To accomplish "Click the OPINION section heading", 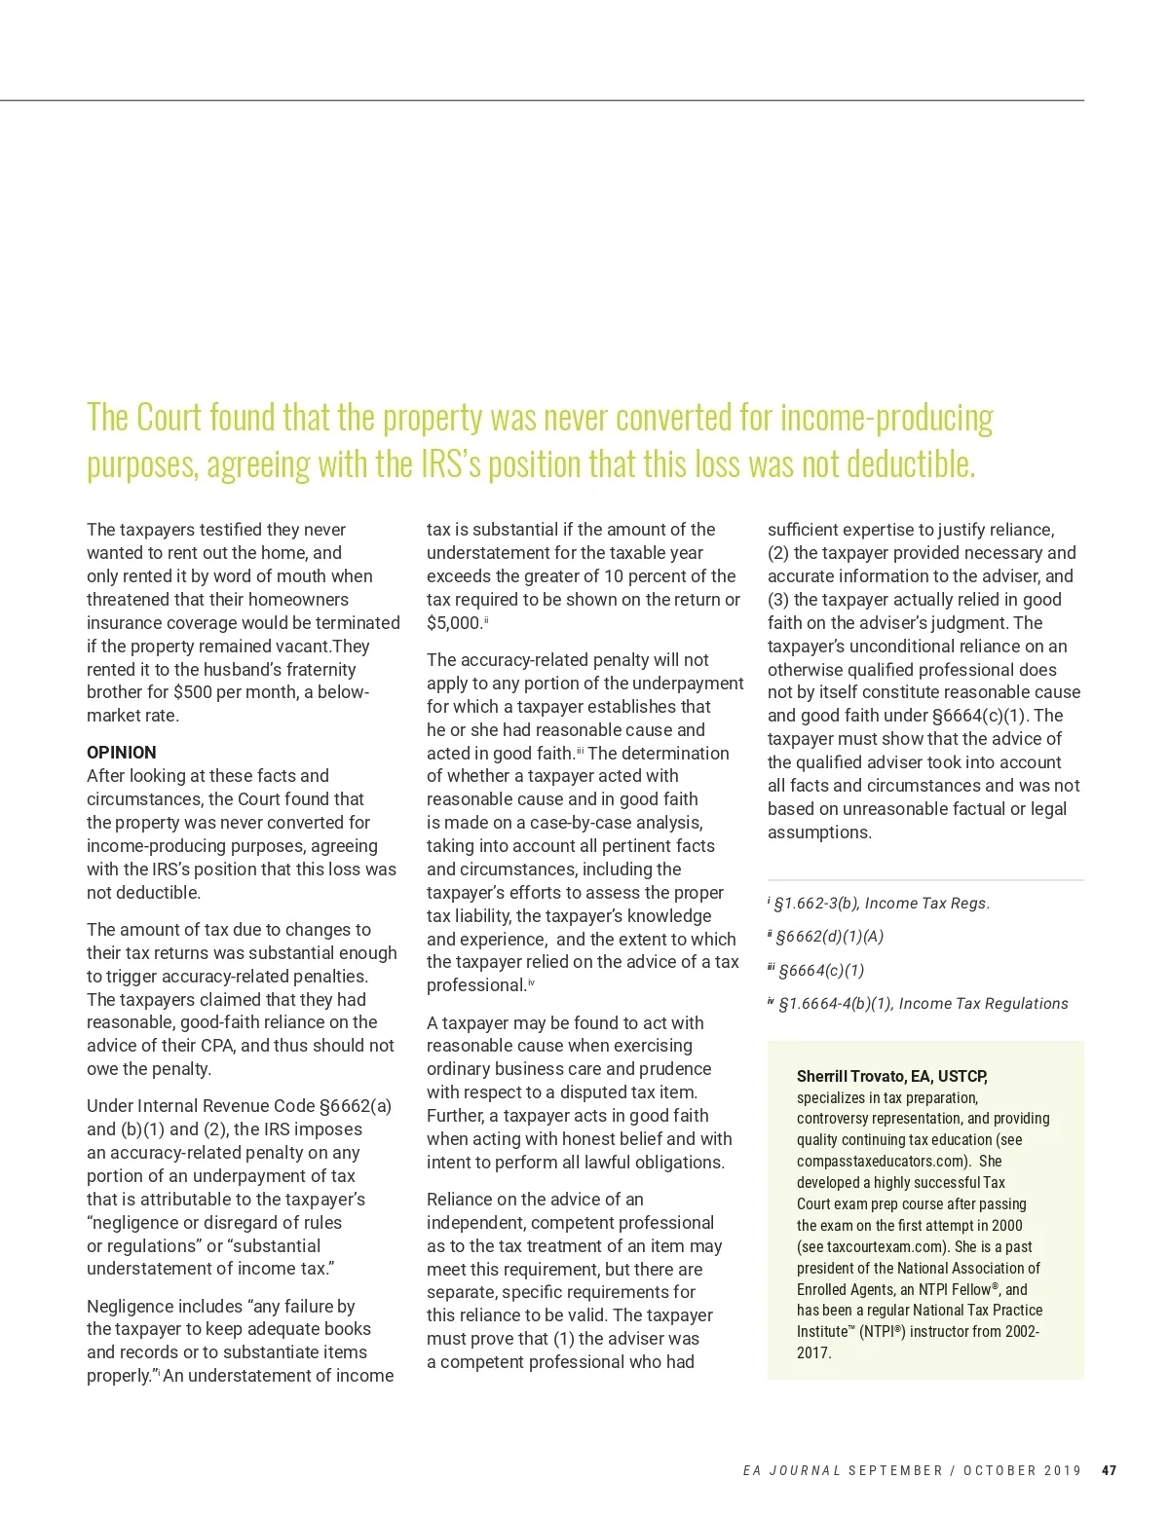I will [x=121, y=753].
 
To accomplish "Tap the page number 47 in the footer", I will [x=1109, y=1470].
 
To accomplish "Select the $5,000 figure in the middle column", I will [x=454, y=623].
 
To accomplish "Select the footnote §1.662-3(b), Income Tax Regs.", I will [x=881, y=904].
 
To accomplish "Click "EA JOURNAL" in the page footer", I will [x=791, y=1470].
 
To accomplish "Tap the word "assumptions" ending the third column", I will [x=819, y=832].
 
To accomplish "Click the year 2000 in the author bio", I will [x=1007, y=1225].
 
